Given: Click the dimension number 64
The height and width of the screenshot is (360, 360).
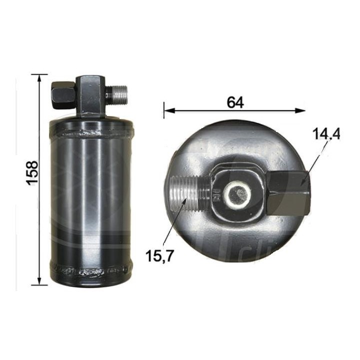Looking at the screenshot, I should pyautogui.click(x=234, y=102).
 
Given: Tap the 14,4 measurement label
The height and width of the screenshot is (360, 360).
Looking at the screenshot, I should pyautogui.click(x=325, y=134).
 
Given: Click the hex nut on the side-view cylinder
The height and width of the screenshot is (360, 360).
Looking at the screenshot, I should pyautogui.click(x=62, y=93).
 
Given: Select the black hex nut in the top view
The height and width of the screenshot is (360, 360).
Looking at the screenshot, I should pyautogui.click(x=288, y=192).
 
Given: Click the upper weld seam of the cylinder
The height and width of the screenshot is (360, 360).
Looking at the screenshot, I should pyautogui.click(x=91, y=133).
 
